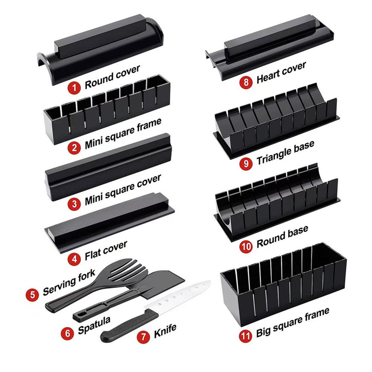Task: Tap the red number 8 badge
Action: click(246, 82)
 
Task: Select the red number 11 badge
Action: click(245, 336)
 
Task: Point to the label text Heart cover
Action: click(281, 73)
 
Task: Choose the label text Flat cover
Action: click(106, 250)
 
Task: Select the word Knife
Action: click(165, 331)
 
